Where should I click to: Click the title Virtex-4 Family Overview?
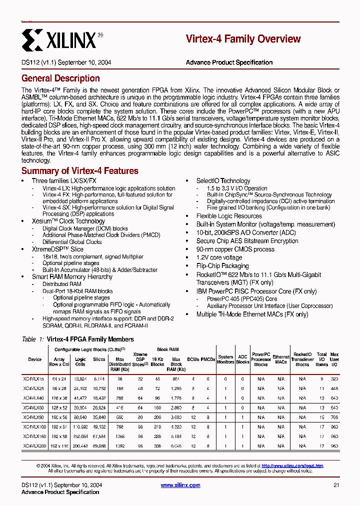pyautogui.click(x=243, y=39)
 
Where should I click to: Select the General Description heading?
pyautogui.click(x=60, y=78)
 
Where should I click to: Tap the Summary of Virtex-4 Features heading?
pyautogui.click(x=79, y=171)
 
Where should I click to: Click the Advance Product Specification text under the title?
pyautogui.click(x=229, y=62)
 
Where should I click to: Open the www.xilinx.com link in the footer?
pyautogui.click(x=180, y=485)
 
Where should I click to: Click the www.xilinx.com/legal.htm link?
pyautogui.click(x=292, y=465)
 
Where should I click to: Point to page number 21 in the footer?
pyautogui.click(x=336, y=485)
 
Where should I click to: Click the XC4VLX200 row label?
pyautogui.click(x=34, y=445)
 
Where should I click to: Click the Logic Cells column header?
pyautogui.click(x=80, y=361)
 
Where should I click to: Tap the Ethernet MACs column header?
pyautogui.click(x=281, y=359)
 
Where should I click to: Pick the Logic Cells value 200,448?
pyautogui.click(x=80, y=445)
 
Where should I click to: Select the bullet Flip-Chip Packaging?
pyautogui.click(x=222, y=266)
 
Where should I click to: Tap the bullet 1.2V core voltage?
pyautogui.click(x=219, y=257)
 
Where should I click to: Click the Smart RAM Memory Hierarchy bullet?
pyautogui.click(x=72, y=276)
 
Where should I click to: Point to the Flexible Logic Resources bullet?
pyautogui.click(x=229, y=216)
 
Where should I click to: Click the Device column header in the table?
pyautogui.click(x=34, y=359)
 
